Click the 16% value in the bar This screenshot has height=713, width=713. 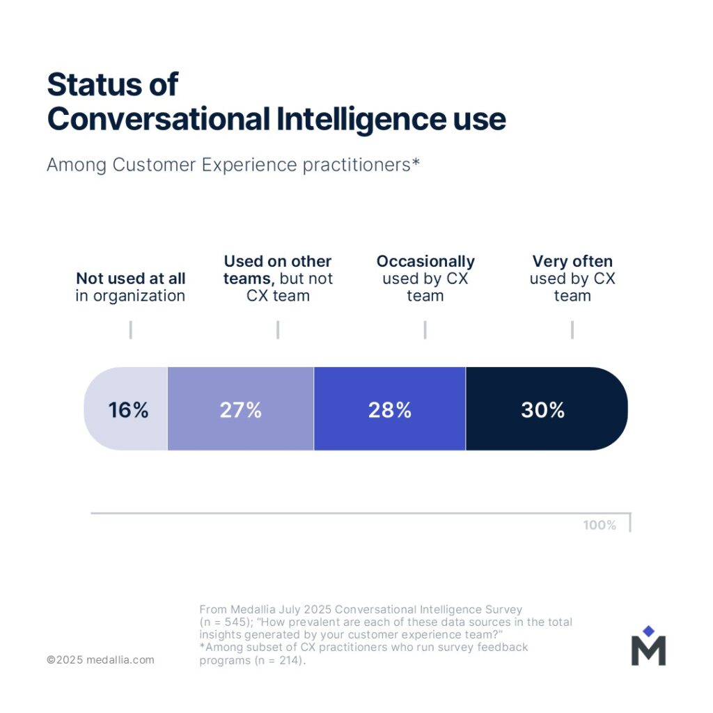(128, 410)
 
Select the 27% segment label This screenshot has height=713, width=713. (240, 410)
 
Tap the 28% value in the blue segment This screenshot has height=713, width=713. (390, 410)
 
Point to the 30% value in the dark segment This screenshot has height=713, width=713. (542, 410)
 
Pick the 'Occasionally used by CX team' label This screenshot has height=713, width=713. (425, 279)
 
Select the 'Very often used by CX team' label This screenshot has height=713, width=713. (572, 279)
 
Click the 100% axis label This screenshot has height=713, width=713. (600, 525)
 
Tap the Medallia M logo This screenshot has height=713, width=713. (648, 650)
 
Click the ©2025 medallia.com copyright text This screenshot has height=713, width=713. (100, 659)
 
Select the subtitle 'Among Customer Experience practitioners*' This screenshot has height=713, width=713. (233, 165)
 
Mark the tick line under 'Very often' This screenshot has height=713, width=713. (572, 330)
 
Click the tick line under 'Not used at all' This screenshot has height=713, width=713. (130, 330)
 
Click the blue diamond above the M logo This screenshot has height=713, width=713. (648, 631)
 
